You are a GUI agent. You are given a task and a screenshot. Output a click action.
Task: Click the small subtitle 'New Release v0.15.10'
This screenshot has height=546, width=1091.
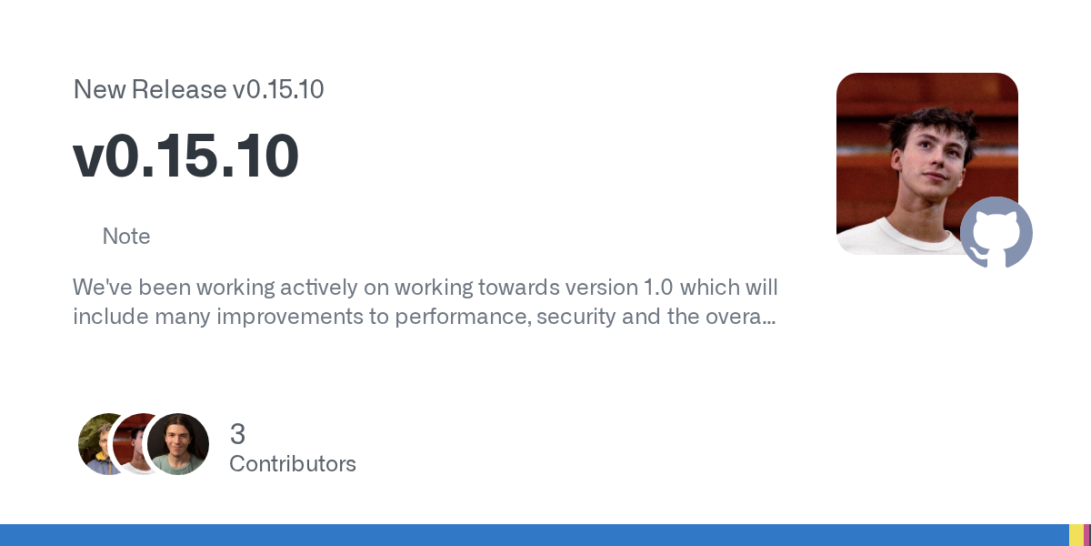(x=198, y=90)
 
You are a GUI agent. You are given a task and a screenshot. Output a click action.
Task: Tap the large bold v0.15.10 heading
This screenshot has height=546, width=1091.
(x=185, y=156)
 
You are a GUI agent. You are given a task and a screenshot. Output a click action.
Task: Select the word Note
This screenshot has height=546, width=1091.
(x=126, y=237)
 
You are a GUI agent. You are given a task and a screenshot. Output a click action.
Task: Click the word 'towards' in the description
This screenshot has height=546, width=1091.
(x=505, y=288)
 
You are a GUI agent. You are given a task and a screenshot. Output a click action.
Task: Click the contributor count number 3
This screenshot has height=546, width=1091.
(x=237, y=434)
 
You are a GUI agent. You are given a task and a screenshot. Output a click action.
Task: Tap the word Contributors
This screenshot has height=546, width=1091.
(x=293, y=464)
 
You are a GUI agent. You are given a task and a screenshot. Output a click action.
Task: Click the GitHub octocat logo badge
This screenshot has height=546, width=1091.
(x=996, y=233)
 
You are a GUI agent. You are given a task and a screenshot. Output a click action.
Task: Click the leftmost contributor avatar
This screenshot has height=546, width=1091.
(x=97, y=444)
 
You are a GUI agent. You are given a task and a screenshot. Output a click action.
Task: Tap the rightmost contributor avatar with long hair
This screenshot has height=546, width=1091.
(x=178, y=444)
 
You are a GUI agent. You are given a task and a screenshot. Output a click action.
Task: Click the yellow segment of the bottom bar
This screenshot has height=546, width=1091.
(x=1076, y=535)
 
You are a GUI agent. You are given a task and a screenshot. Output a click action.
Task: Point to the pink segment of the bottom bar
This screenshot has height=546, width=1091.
(x=1087, y=535)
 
